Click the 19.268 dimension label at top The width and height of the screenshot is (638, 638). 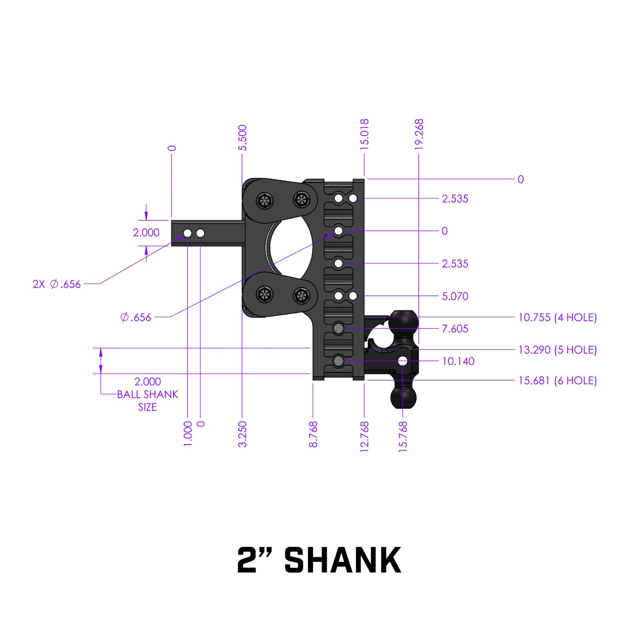[x=419, y=134]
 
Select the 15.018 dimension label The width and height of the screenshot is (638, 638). [x=365, y=134]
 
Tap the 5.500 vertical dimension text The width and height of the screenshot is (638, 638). [x=242, y=137]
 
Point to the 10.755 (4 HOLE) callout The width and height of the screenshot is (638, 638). [x=557, y=317]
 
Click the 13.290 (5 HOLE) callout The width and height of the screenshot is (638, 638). [x=557, y=350]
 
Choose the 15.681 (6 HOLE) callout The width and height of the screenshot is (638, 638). [x=557, y=380]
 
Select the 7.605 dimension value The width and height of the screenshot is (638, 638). [x=455, y=328]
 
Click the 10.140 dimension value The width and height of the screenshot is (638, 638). [x=458, y=361]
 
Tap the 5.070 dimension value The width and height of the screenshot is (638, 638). [x=455, y=296]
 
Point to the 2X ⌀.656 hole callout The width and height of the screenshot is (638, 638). [x=57, y=284]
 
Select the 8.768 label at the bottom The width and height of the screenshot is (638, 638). [x=313, y=434]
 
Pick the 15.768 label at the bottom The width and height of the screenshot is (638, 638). [x=403, y=436]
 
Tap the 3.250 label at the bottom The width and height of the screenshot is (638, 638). [x=242, y=434]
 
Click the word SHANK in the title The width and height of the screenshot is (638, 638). [x=342, y=560]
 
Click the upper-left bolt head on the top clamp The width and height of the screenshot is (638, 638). [x=265, y=201]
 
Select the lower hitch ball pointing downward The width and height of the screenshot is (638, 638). [x=403, y=396]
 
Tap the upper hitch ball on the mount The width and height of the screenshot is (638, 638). [x=403, y=322]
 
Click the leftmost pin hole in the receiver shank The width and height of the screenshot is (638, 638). [x=188, y=233]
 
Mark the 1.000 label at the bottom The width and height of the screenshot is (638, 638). [x=188, y=433]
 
